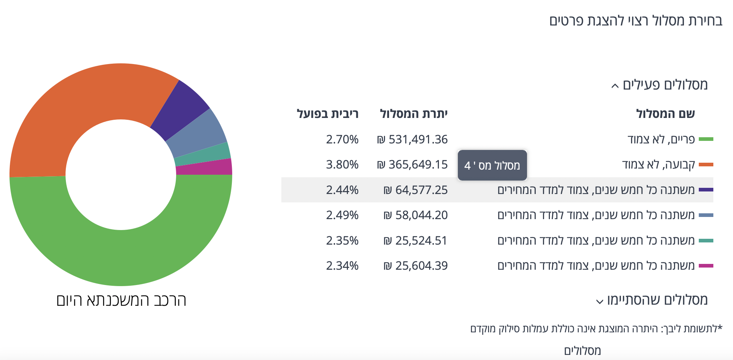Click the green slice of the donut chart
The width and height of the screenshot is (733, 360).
(x=120, y=255)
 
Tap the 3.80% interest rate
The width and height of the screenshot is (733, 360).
(x=342, y=165)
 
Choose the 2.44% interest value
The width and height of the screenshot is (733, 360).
(x=342, y=190)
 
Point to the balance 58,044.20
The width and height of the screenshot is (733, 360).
(x=416, y=215)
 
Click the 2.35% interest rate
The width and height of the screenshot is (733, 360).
(x=342, y=241)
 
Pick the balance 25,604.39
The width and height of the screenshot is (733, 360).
(x=416, y=266)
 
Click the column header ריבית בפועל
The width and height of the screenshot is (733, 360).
(x=328, y=114)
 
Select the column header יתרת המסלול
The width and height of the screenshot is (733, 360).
(x=414, y=114)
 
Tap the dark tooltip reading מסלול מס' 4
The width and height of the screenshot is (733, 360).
(x=492, y=165)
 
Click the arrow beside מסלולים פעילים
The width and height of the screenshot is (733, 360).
(x=615, y=86)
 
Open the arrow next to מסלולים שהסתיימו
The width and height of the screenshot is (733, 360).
(x=599, y=302)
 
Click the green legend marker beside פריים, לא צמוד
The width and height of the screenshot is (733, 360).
(x=706, y=139)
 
